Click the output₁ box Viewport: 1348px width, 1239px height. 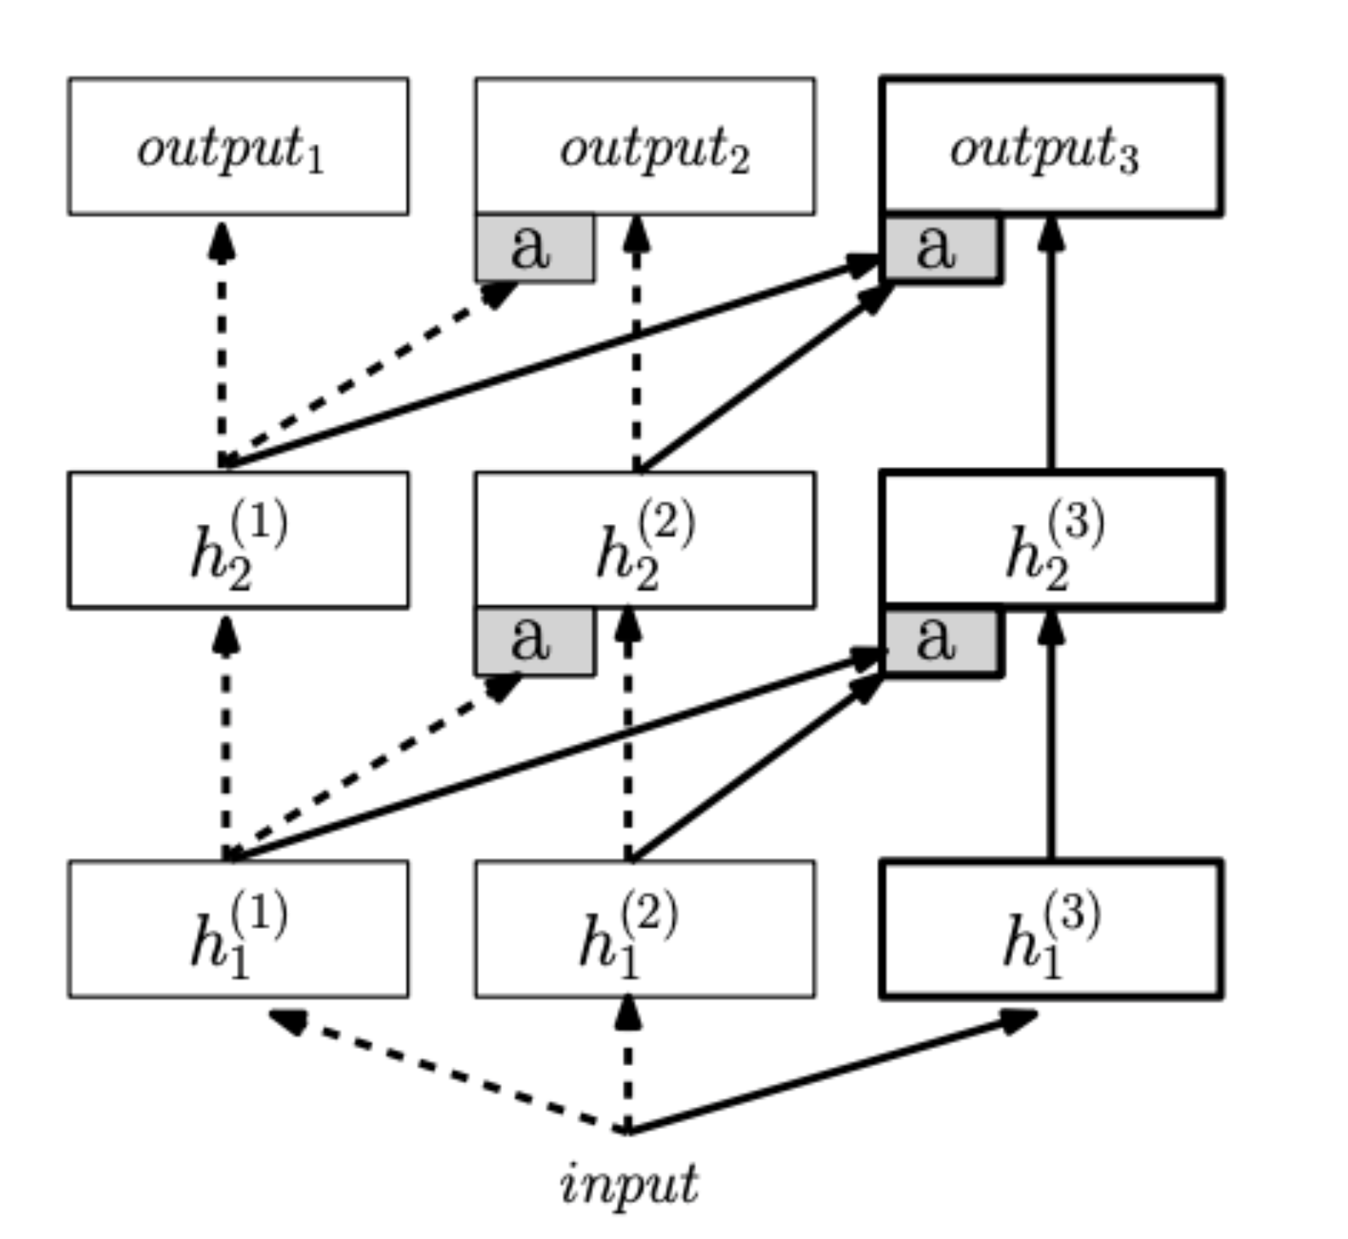click(x=238, y=147)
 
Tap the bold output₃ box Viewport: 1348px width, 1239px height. click(x=1052, y=147)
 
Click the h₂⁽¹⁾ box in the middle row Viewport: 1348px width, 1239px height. click(x=238, y=540)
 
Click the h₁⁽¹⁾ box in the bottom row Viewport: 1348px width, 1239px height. click(x=238, y=929)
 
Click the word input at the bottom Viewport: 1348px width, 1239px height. click(x=629, y=1183)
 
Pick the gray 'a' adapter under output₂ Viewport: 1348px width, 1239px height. click(x=534, y=248)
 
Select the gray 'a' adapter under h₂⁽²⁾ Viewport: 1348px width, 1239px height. click(x=534, y=642)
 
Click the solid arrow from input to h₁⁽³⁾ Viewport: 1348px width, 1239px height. click(x=831, y=1072)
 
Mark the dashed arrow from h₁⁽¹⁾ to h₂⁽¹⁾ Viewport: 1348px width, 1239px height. click(x=226, y=741)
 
